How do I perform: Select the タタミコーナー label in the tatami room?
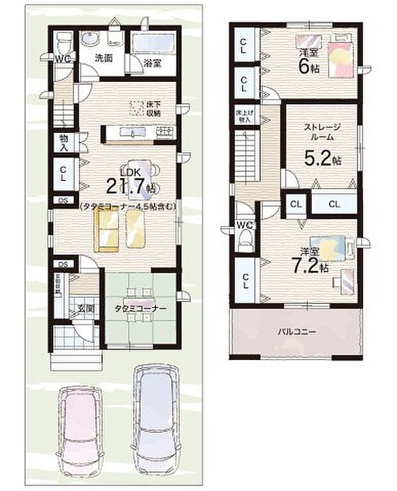click(x=141, y=308)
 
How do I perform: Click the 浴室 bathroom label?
click(x=151, y=64)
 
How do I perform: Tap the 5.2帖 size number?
click(x=318, y=159)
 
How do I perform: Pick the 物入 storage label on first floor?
click(x=64, y=142)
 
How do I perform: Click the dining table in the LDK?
click(x=141, y=173)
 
